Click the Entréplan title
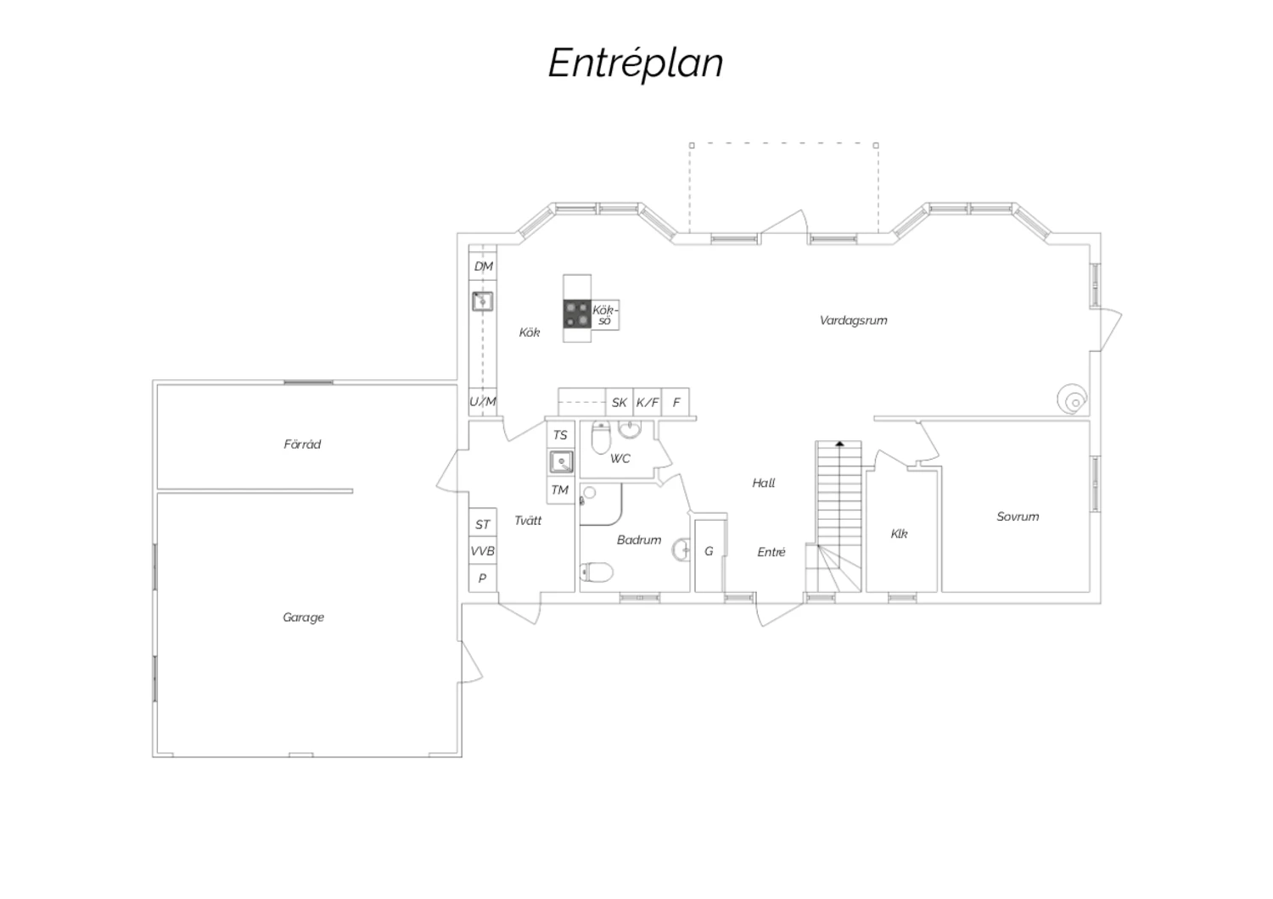coord(636,63)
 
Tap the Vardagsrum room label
coord(853,321)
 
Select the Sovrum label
coord(1018,517)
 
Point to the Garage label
coord(304,618)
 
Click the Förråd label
coord(302,444)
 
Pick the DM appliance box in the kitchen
coord(483,266)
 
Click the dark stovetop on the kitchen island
coord(577,315)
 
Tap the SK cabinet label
coord(619,403)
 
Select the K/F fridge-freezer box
coord(648,403)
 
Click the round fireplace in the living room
coord(1072,399)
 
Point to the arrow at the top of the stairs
coord(839,444)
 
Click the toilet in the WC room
coord(601,438)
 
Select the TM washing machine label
coord(560,490)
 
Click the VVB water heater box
coord(483,550)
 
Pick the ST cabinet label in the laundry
coord(483,525)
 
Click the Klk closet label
coord(899,533)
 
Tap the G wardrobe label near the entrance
coord(709,551)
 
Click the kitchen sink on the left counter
coord(483,302)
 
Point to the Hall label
coord(763,483)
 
